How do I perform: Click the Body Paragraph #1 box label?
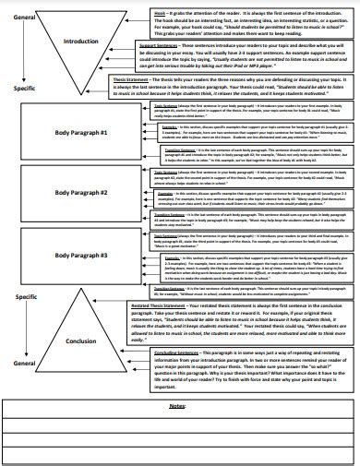pyautogui.click(x=81, y=133)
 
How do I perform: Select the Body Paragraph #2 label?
pyautogui.click(x=81, y=192)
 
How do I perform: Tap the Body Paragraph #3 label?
pyautogui.click(x=81, y=253)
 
